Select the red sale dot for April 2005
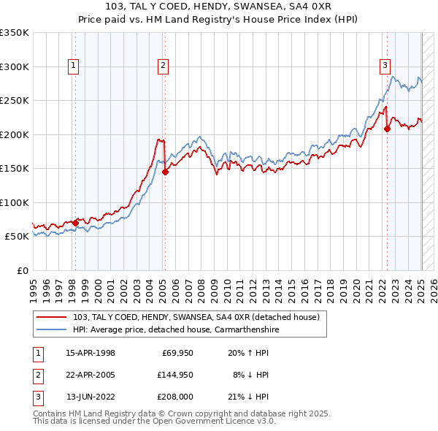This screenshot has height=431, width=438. [165, 172]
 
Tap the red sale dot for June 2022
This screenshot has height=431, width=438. [387, 129]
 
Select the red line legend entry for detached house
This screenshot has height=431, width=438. [196, 317]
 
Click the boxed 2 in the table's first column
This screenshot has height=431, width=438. [38, 375]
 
